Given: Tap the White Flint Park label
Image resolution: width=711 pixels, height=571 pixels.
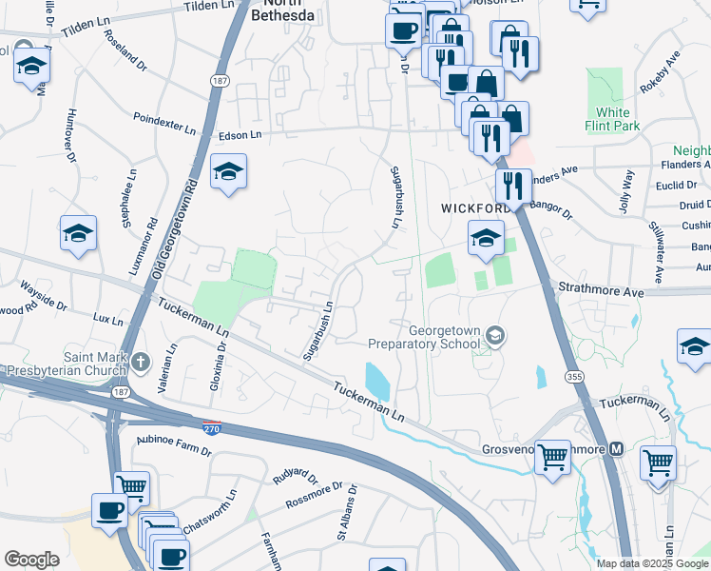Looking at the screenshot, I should (x=613, y=119).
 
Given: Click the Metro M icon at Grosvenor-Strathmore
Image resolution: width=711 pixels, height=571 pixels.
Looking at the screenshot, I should (x=616, y=449).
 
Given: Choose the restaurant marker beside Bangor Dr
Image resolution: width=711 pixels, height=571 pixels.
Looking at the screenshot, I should (x=513, y=186).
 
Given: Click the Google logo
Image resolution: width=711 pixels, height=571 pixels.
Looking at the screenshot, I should (x=31, y=560).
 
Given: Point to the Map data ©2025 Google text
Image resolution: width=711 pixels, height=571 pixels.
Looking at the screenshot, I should (x=651, y=562).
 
